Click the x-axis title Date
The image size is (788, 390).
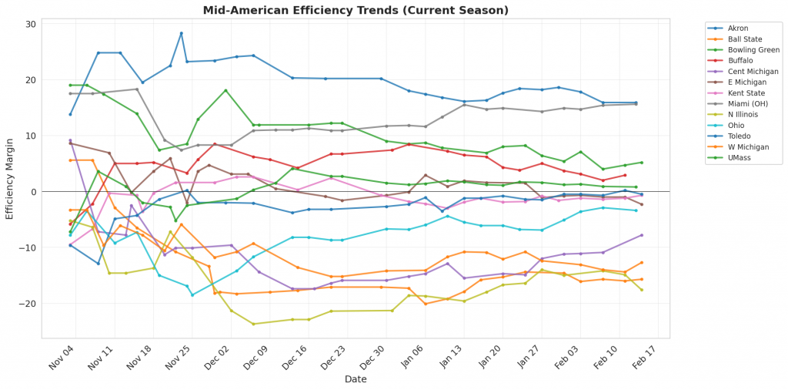[x=355, y=380]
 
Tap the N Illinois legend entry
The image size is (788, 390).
[x=743, y=115]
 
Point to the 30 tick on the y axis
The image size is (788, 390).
[x=31, y=24]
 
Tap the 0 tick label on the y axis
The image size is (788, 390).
[x=33, y=192]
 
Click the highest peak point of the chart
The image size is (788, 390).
[x=181, y=33]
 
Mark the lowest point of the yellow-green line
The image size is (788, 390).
[x=253, y=324]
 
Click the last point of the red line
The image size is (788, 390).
[x=625, y=175]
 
